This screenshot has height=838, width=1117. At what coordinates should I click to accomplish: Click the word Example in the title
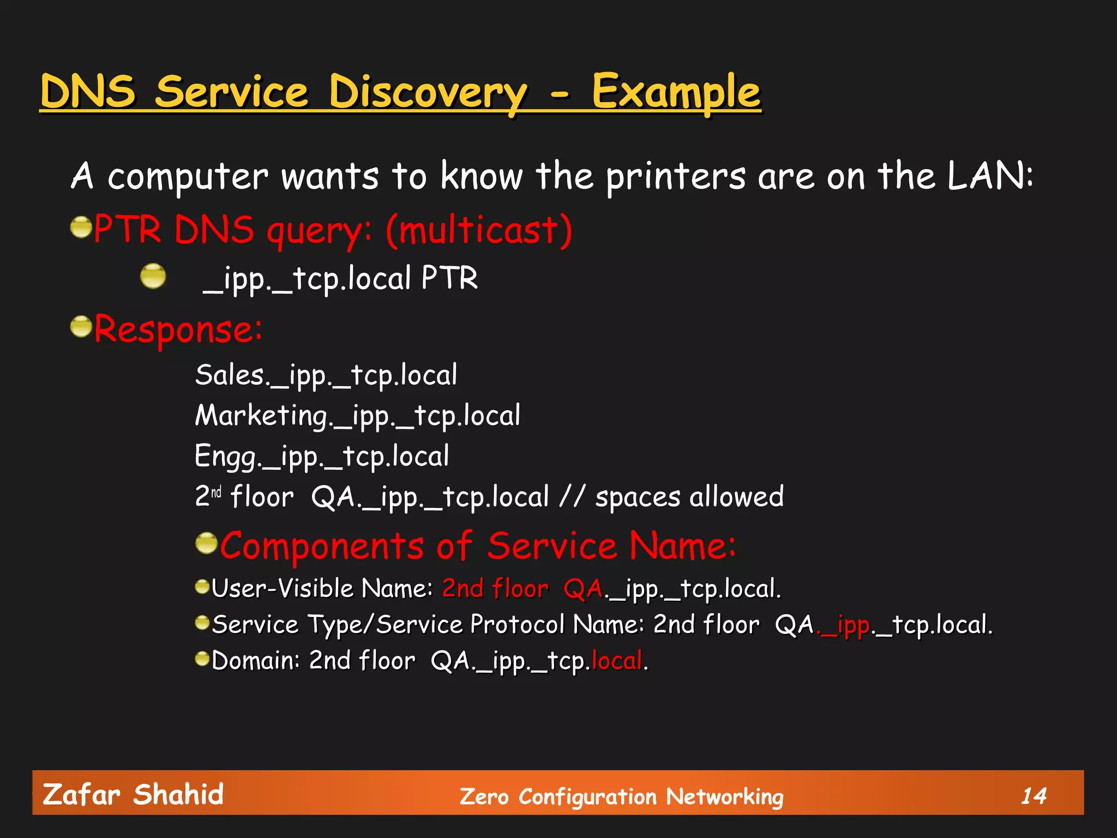click(676, 92)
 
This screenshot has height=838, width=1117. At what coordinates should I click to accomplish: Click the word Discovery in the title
click(428, 92)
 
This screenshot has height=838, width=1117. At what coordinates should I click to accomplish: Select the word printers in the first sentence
click(676, 177)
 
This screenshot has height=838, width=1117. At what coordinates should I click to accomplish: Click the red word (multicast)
click(479, 230)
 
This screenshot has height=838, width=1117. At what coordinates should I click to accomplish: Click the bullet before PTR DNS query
click(81, 227)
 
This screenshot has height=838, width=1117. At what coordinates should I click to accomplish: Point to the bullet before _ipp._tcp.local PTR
click(153, 276)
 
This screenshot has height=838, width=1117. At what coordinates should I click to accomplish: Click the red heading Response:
click(178, 330)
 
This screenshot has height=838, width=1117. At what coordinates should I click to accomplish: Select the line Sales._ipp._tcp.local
click(326, 375)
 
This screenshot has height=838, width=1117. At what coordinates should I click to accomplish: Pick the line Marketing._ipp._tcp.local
click(358, 416)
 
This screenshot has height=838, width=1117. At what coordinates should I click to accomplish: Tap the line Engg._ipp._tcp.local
click(322, 456)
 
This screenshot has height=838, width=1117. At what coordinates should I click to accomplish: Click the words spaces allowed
click(689, 497)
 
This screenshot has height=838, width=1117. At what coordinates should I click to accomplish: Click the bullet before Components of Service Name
click(207, 543)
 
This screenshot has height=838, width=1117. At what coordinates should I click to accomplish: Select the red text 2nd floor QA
click(523, 589)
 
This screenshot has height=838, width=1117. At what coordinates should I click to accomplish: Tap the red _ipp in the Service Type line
click(844, 625)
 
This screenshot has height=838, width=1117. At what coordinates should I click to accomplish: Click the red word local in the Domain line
click(617, 661)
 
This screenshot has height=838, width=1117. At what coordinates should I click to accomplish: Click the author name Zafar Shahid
click(133, 794)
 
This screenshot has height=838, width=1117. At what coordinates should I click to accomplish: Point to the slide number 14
click(1034, 796)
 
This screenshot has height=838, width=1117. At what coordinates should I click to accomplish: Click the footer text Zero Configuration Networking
click(621, 797)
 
